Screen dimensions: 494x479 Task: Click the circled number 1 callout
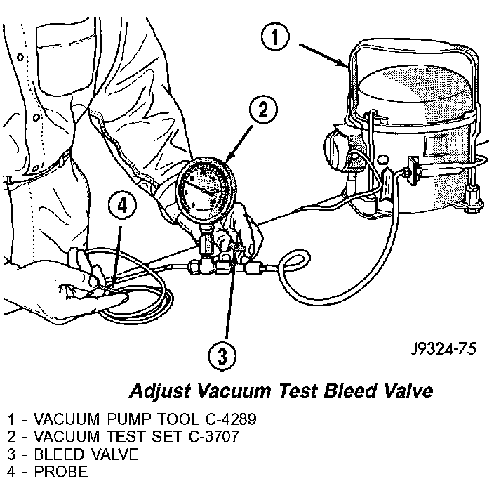(x=275, y=37)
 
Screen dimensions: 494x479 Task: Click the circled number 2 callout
(x=263, y=110)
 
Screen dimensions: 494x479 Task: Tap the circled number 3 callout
(x=222, y=356)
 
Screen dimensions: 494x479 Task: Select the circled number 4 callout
(x=122, y=206)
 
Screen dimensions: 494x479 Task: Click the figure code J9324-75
(x=443, y=349)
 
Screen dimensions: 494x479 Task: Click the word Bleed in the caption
(x=350, y=391)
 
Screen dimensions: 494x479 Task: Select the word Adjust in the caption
(x=160, y=391)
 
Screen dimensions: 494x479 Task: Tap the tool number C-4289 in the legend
(x=232, y=419)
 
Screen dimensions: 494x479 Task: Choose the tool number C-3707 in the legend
(x=214, y=436)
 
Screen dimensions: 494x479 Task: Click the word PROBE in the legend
(x=61, y=471)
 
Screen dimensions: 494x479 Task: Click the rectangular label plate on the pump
(x=436, y=145)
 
